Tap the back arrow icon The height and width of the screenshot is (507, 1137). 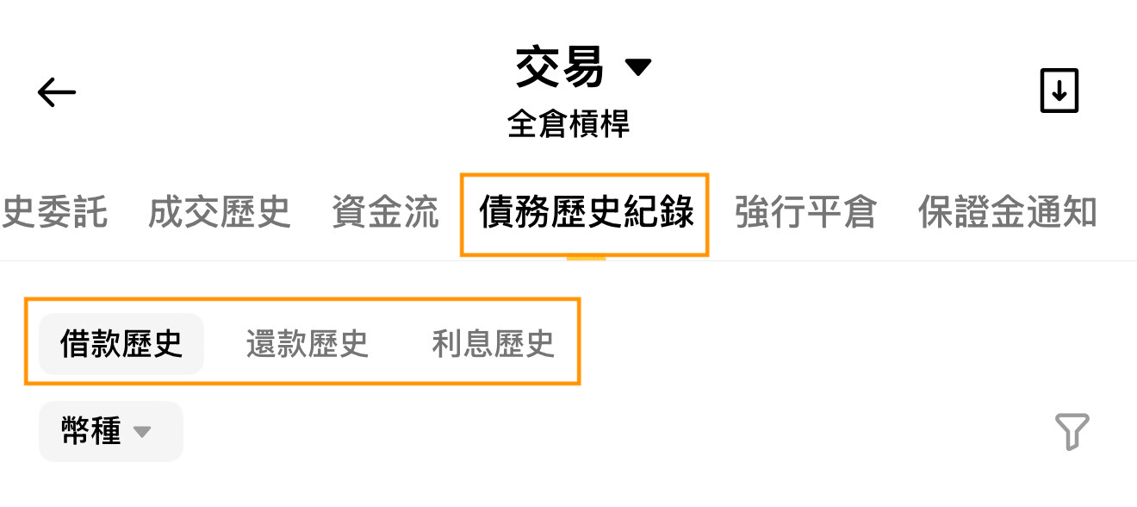click(x=56, y=92)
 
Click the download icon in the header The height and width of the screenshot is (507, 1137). click(x=1059, y=91)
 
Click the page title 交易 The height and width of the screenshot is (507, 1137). click(x=559, y=67)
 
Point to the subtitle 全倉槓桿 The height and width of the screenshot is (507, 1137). click(x=568, y=124)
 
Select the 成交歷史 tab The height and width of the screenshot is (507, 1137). click(x=220, y=212)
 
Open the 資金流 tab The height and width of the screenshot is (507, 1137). click(x=385, y=212)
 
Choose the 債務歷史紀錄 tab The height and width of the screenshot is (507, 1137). click(x=587, y=212)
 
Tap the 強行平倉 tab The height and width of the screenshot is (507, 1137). click(x=805, y=212)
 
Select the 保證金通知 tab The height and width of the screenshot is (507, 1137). click(x=1008, y=212)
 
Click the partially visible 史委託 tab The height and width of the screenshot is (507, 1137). click(x=53, y=212)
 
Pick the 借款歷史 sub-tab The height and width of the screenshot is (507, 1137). click(x=121, y=344)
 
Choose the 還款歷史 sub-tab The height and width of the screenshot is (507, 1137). click(x=308, y=344)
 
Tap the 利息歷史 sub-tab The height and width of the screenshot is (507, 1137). click(x=493, y=344)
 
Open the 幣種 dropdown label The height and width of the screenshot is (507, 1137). click(x=90, y=431)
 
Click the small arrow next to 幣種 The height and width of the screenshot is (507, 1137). click(x=142, y=432)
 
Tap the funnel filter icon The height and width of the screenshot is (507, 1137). click(x=1072, y=431)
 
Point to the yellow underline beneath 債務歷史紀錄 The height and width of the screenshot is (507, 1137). click(x=587, y=258)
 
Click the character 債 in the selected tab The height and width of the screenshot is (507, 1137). click(x=497, y=212)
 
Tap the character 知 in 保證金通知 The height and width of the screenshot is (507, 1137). click(x=1079, y=212)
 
